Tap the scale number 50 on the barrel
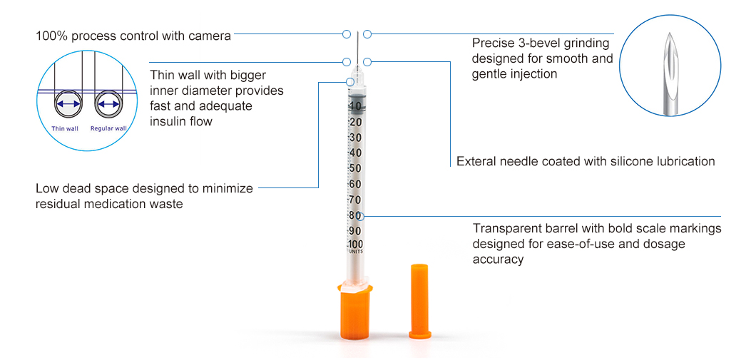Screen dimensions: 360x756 [355, 168]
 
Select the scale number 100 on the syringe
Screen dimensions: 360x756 [355, 245]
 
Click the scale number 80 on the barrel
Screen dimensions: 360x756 [354, 215]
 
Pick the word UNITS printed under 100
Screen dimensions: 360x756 [355, 252]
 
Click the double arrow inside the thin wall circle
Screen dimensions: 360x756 [68, 104]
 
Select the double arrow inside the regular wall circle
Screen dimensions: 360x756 [109, 104]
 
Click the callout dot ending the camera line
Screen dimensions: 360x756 [347, 34]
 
